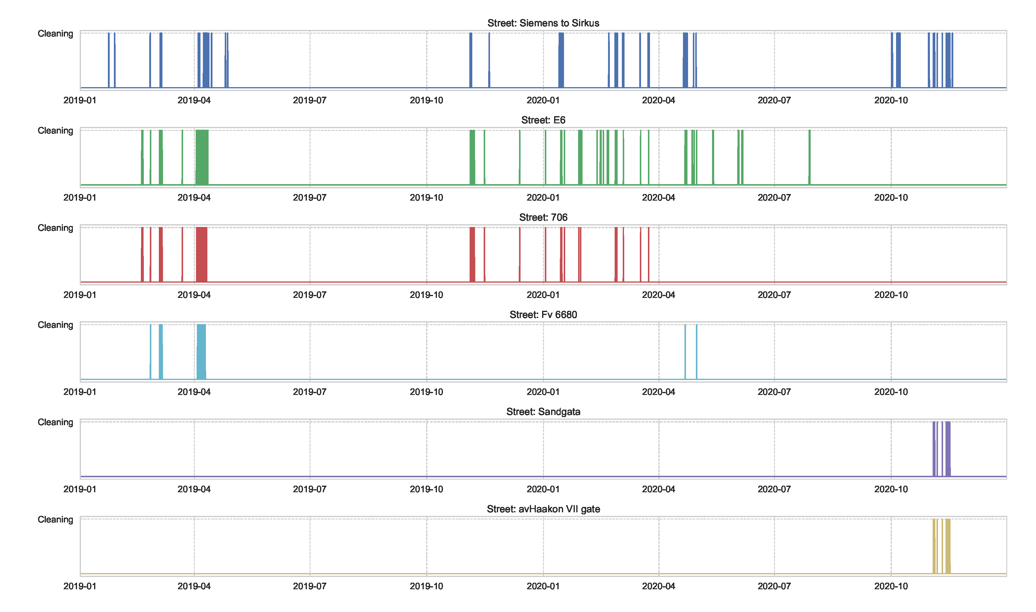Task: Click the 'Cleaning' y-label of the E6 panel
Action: [55, 131]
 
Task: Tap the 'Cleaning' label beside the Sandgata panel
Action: [55, 422]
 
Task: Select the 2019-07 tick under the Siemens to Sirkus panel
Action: [310, 100]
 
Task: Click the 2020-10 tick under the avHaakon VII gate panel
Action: [891, 586]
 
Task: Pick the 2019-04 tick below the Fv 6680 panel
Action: [194, 392]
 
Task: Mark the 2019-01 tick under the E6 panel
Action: [80, 198]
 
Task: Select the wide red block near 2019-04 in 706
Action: [201, 255]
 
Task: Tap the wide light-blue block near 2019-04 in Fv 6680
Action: [201, 352]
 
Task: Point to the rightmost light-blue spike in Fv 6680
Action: [696, 352]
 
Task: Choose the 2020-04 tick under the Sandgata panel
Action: [658, 489]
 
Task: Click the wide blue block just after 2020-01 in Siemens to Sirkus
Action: [561, 60]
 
